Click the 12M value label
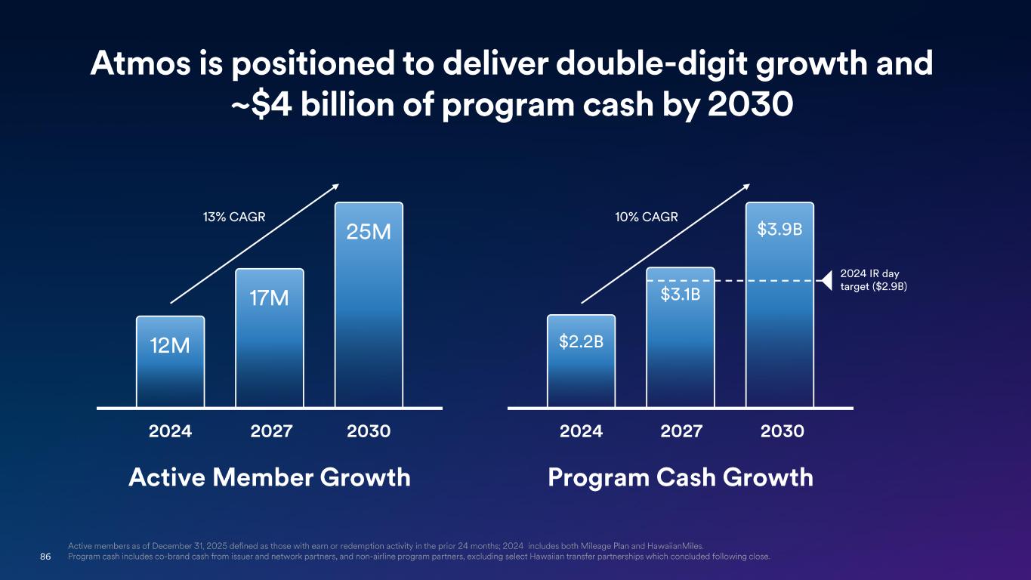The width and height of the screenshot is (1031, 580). (170, 346)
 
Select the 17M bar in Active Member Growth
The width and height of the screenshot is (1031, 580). (270, 338)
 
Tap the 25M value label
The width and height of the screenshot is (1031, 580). (369, 232)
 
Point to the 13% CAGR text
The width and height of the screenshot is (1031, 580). (234, 217)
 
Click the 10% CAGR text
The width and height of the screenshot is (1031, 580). (647, 217)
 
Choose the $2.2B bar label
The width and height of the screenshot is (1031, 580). (581, 341)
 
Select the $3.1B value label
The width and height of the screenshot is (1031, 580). (681, 294)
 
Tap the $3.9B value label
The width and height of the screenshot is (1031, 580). (779, 229)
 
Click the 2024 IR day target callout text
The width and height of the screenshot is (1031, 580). (874, 280)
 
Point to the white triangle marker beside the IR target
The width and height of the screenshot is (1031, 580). (827, 281)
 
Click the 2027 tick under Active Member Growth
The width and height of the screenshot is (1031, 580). (271, 431)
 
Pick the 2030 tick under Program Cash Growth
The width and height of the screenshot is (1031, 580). (783, 431)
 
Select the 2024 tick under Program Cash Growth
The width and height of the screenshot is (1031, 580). (581, 431)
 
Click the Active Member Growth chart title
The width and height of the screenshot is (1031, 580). (270, 477)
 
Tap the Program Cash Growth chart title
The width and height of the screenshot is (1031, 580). (681, 477)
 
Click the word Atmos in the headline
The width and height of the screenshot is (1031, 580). (140, 63)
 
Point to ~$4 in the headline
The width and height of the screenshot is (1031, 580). (261, 105)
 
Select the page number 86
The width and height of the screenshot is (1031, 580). (45, 557)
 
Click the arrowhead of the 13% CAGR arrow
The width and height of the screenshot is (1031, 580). (335, 187)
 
